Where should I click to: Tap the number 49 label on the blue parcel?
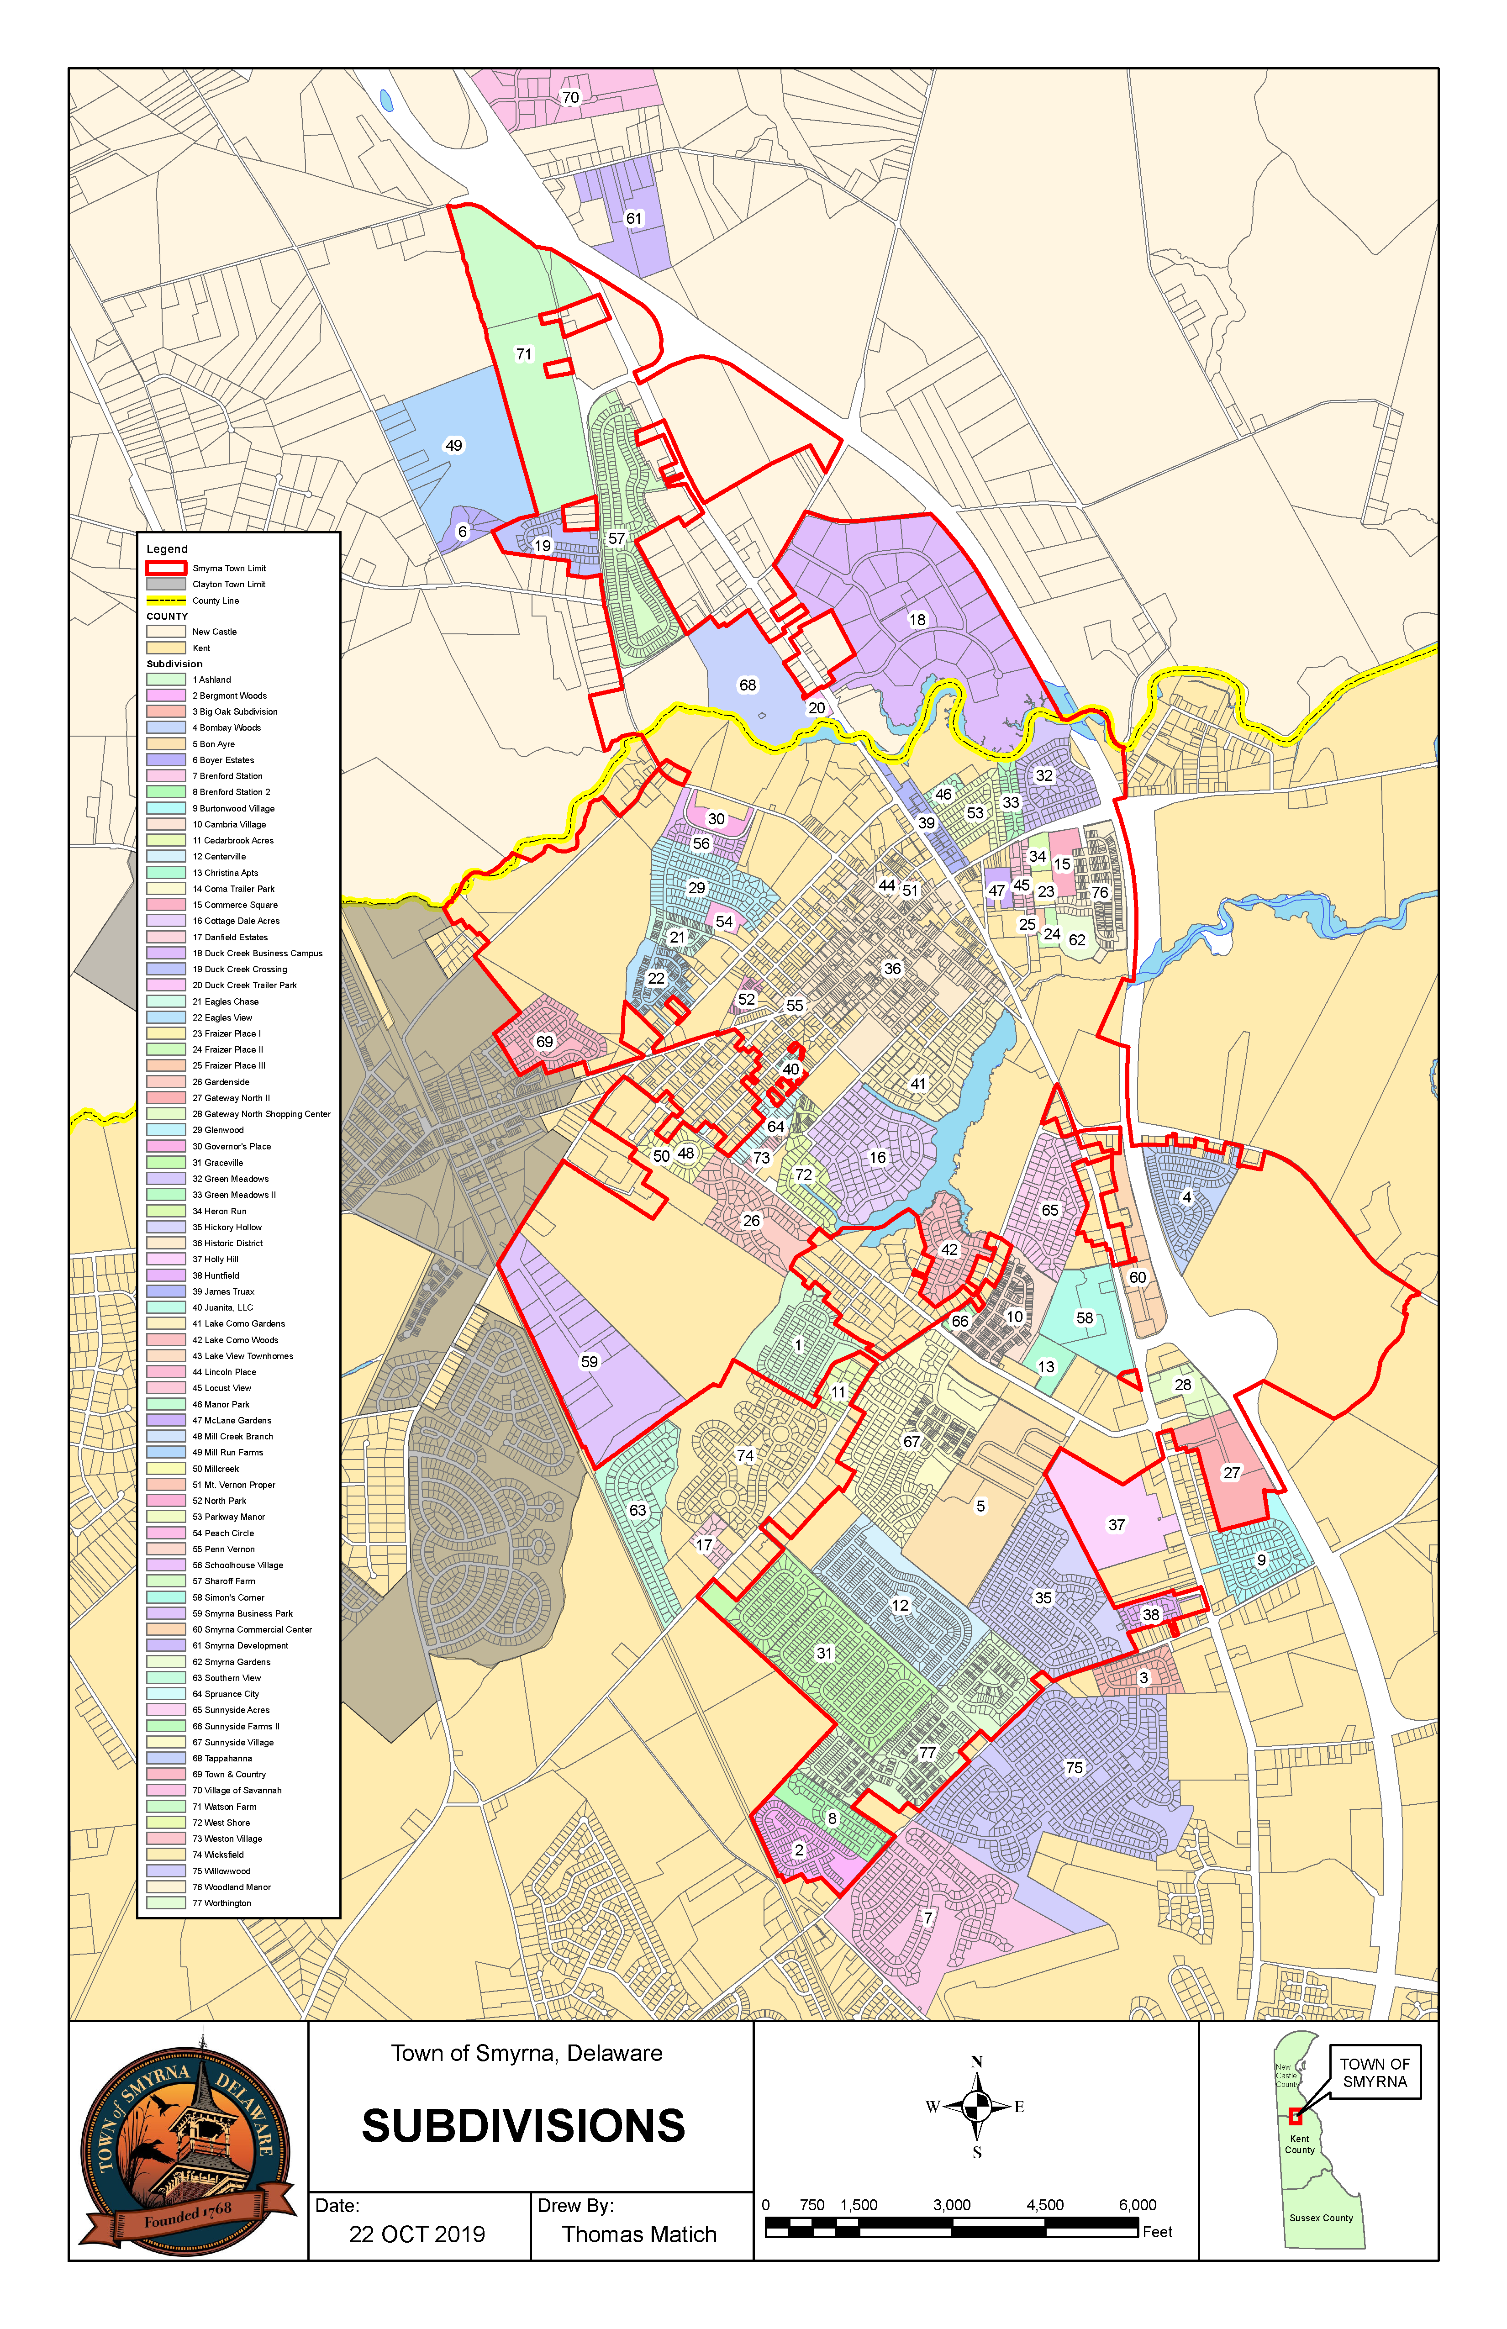coord(454,445)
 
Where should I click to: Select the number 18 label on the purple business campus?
coord(917,619)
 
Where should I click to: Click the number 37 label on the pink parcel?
coord(1117,1525)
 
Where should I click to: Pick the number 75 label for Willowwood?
coord(1075,1767)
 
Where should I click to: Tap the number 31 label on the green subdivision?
coord(825,1653)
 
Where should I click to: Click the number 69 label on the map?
coord(545,1041)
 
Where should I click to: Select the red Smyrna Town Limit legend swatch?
coord(165,568)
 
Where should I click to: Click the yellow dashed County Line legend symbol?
coord(165,600)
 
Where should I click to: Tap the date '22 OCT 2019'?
coord(417,2235)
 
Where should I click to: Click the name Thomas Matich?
coord(639,2235)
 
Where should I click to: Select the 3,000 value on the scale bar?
coord(951,2205)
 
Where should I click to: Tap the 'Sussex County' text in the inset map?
coord(1321,2218)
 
